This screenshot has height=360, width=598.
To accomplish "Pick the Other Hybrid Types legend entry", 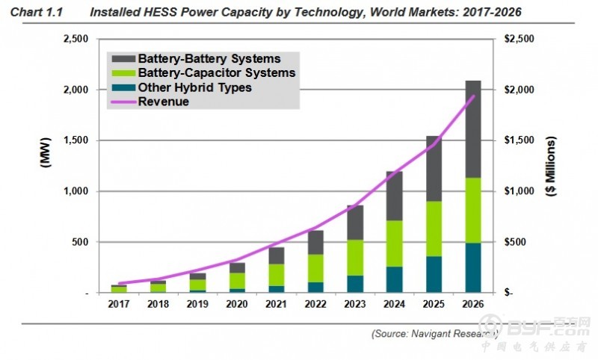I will pyautogui.click(x=194, y=87).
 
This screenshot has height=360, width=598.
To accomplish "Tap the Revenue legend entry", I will pyautogui.click(x=164, y=102).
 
